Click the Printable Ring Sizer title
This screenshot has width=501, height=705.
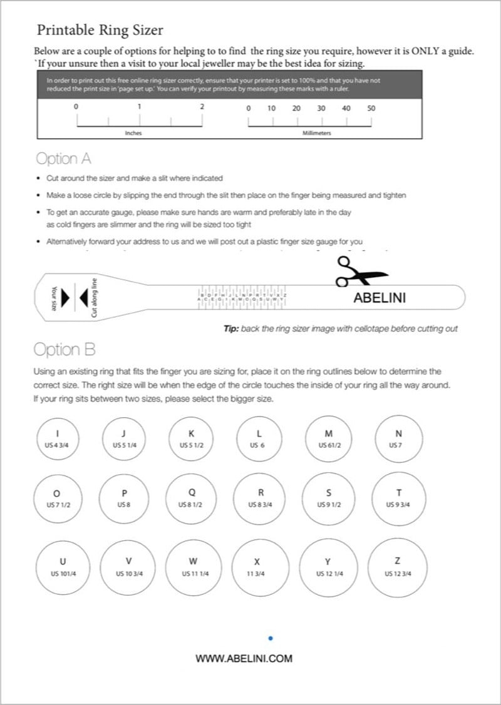(x=100, y=29)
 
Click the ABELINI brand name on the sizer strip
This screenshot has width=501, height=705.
(x=380, y=298)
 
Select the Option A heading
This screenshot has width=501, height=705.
(x=63, y=158)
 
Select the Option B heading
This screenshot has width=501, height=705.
(x=64, y=349)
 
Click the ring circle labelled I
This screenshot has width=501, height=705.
(x=58, y=439)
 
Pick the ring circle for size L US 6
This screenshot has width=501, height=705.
(x=258, y=439)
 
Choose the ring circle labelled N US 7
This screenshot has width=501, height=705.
(x=398, y=439)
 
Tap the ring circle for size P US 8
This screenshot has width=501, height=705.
(x=124, y=498)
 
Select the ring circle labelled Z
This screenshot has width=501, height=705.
(x=398, y=567)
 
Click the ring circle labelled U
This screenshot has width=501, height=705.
(x=62, y=567)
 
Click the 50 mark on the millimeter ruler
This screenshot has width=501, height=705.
(x=371, y=108)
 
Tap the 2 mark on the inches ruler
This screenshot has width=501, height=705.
(x=202, y=107)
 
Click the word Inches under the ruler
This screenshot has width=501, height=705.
(x=133, y=133)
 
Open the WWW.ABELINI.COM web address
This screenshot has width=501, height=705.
(x=244, y=658)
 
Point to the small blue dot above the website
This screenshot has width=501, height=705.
(x=270, y=638)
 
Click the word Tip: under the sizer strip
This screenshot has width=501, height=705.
(x=233, y=328)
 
